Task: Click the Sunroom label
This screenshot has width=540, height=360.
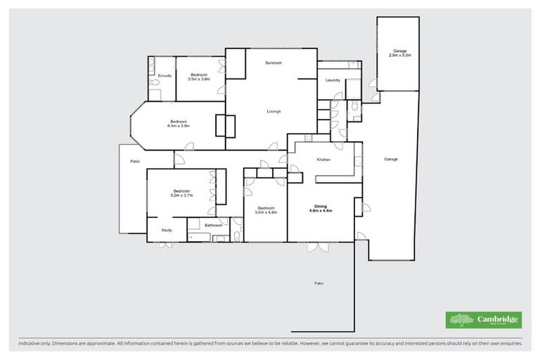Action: pos(274,63)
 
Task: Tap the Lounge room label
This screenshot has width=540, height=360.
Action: pos(274,111)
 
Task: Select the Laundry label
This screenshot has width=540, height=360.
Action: pos(333,80)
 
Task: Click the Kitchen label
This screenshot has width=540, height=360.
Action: pos(323,160)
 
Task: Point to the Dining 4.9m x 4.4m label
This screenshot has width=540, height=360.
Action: pos(319,208)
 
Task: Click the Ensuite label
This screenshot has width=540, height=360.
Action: pos(165,76)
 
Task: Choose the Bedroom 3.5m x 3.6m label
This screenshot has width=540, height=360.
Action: pos(199,77)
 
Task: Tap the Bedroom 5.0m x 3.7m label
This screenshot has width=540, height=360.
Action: pos(182,193)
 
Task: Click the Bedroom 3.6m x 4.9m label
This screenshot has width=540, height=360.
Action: pos(266,210)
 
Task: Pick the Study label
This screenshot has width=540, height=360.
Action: pos(167,230)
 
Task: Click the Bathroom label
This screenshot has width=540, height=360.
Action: pos(214,226)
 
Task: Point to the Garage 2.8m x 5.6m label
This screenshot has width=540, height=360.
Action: pos(400,53)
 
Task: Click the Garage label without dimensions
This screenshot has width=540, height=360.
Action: pos(391,160)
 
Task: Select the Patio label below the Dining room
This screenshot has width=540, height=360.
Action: pos(319,283)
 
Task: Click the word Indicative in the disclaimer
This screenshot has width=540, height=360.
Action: pos(30,343)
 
